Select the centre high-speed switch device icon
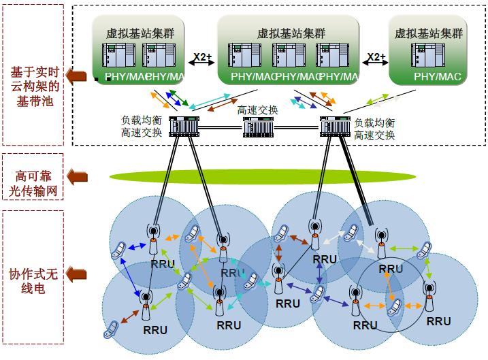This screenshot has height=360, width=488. [x=259, y=127]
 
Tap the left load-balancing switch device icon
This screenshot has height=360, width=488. [x=183, y=127]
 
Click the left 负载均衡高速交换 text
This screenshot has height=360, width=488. [x=142, y=127]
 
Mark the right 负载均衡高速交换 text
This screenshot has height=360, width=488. [x=374, y=129]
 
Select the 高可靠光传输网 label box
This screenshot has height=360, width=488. [x=33, y=177]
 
